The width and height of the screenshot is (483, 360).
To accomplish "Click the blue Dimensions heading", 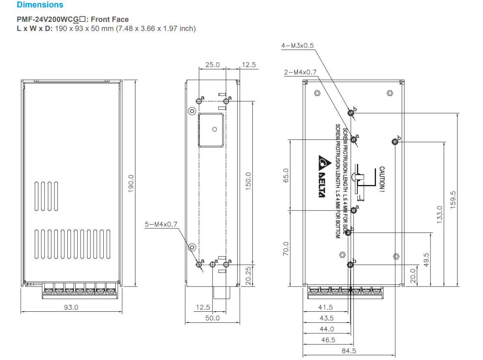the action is coord(40,5).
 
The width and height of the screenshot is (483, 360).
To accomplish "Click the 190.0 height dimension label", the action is coord(131,184).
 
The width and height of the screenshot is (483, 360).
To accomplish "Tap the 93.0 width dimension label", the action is coord(71,307).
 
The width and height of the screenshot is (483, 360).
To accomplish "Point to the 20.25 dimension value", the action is coord(248,276).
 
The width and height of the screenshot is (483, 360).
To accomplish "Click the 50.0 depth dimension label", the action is coord(212,318).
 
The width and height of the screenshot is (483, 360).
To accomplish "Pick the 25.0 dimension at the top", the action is coord(212,65).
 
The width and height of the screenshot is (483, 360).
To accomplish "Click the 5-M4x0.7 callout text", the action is coord(161,224).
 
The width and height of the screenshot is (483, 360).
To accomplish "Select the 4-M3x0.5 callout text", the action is coord(297,45).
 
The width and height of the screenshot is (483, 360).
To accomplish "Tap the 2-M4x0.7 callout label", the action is coord(300,72).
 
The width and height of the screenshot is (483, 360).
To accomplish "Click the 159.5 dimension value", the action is coord(453,200).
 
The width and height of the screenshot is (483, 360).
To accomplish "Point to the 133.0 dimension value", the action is coord(440,214).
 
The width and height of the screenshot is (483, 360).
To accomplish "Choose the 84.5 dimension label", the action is coord(349,351).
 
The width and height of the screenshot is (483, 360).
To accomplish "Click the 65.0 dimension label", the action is coord(286,175).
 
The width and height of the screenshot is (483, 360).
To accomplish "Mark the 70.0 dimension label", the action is coord(286,249).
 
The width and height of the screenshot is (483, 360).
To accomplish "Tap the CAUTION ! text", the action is coord(382,179).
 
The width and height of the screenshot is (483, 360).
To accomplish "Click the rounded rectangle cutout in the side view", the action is coord(211,130).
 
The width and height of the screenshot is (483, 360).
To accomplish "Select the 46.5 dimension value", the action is coord(328,340).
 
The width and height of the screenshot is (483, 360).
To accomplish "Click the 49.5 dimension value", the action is coord(426,260).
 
